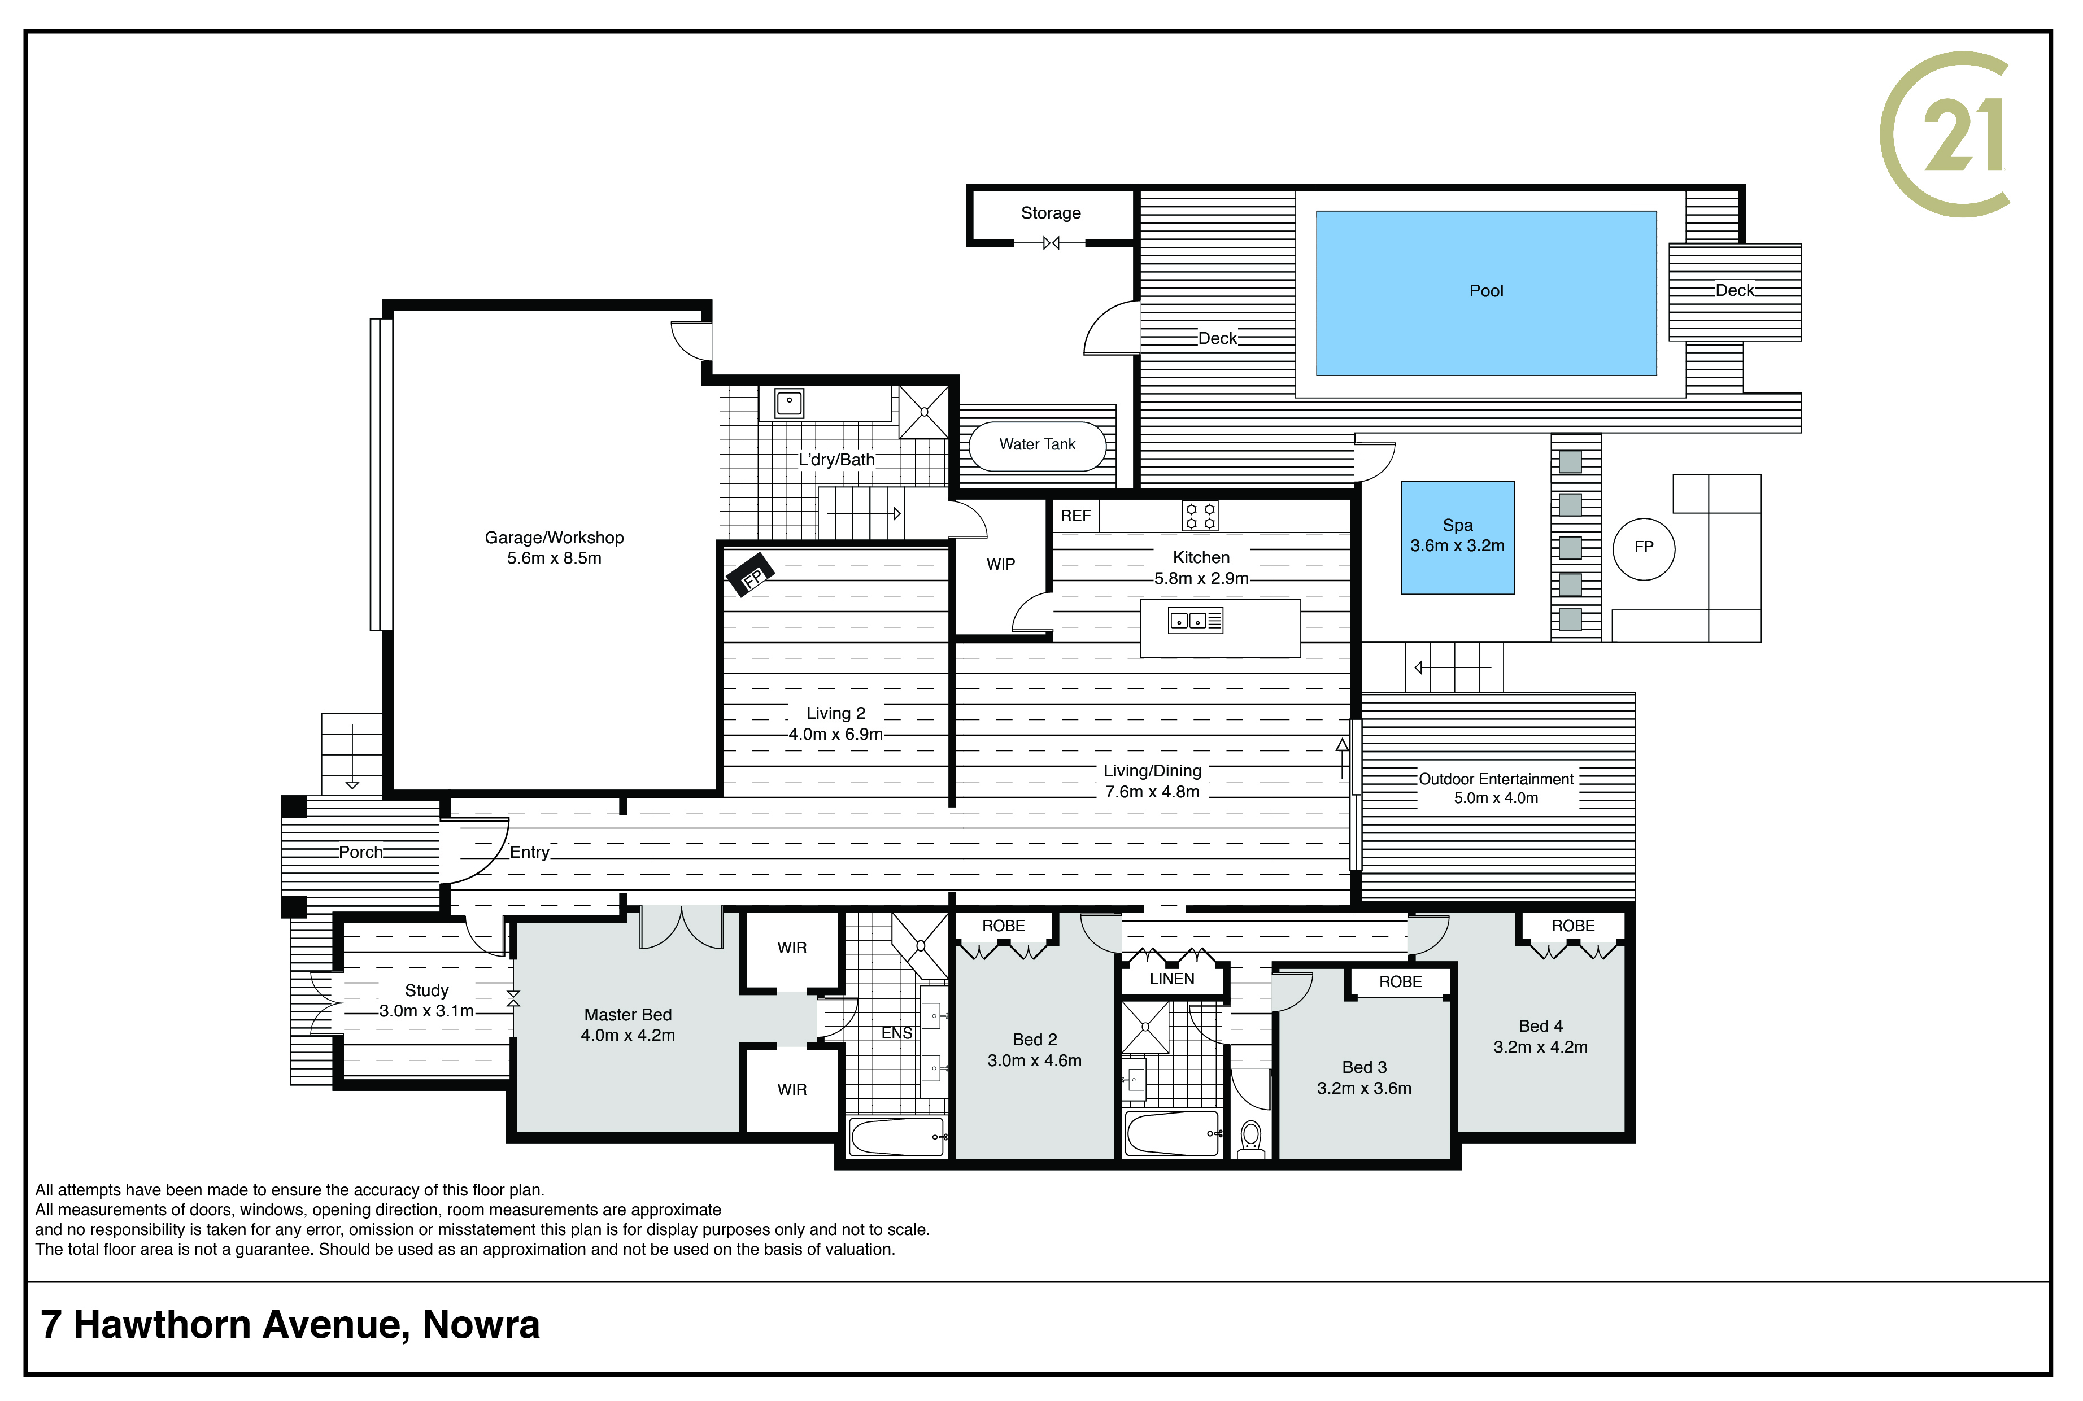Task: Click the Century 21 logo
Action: (1945, 134)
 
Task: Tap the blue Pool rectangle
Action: (1486, 293)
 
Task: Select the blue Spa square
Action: (1457, 537)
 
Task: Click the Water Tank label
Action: (1038, 444)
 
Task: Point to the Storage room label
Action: (1051, 213)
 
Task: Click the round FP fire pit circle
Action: (1644, 549)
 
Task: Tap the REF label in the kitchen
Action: (1076, 516)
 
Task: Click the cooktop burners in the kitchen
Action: (1200, 516)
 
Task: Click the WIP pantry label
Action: (1001, 565)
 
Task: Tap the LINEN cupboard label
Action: (1171, 979)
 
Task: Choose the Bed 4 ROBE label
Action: (1573, 926)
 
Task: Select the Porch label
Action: (360, 852)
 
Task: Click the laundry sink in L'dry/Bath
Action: (789, 403)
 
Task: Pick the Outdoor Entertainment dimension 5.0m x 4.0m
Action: (1496, 798)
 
